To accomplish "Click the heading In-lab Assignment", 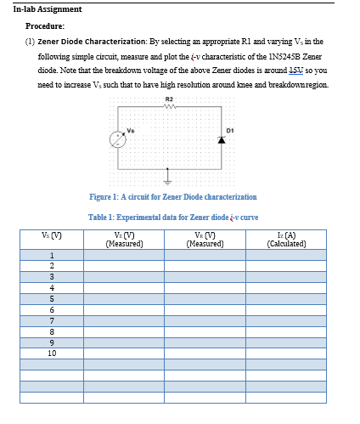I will (x=48, y=9).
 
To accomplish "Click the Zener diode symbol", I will (x=222, y=141).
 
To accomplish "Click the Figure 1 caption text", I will (x=167, y=197).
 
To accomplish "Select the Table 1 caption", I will (x=173, y=217).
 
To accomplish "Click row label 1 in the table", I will (x=52, y=255).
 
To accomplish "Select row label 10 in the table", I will (x=52, y=353).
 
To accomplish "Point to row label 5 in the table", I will (x=52, y=298).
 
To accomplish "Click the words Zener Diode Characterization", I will (x=92, y=40).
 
